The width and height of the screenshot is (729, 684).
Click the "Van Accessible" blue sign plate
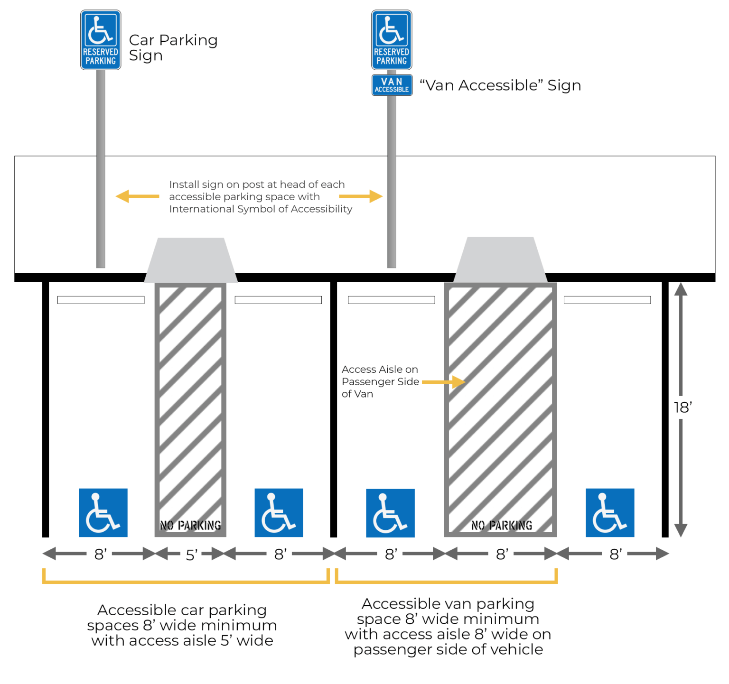[392, 85]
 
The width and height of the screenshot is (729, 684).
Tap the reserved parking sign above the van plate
[392, 40]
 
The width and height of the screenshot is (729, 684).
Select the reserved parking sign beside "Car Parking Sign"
[101, 40]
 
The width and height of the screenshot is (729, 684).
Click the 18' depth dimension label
[682, 407]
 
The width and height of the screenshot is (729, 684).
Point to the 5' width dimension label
[191, 555]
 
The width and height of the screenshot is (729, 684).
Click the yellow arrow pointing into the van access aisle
[443, 382]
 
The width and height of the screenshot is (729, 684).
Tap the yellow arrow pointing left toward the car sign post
[137, 196]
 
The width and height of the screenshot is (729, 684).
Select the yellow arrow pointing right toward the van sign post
[361, 196]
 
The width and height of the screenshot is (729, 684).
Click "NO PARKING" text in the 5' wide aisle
[190, 526]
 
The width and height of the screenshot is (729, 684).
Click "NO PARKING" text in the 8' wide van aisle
[501, 526]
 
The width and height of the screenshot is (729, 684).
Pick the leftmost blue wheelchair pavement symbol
[103, 513]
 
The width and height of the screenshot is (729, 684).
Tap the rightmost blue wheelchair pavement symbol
[610, 513]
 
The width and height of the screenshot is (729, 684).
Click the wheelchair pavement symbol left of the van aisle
[390, 513]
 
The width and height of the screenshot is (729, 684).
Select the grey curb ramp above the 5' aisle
[191, 260]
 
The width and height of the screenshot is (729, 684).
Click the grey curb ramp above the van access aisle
[501, 259]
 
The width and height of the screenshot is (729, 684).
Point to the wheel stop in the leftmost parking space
[101, 300]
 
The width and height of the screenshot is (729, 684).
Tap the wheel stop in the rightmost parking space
[607, 300]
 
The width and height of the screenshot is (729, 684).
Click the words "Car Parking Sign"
[173, 47]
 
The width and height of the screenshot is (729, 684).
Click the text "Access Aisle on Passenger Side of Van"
[380, 381]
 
